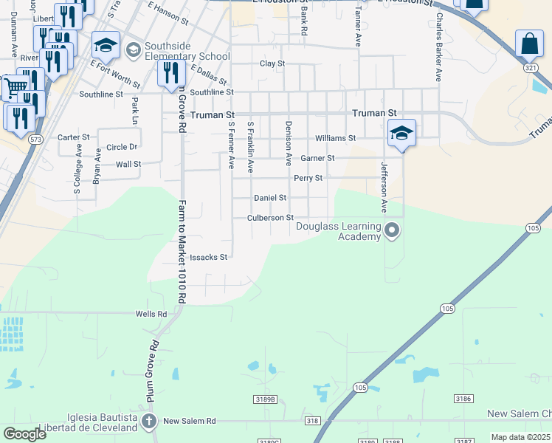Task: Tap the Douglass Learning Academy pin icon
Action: tap(392, 231)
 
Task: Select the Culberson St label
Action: tap(270, 218)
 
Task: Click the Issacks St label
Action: tap(208, 258)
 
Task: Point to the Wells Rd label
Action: tap(151, 314)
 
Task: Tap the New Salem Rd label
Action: tap(189, 421)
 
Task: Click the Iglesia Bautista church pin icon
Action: tap(150, 422)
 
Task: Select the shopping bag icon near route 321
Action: tap(530, 44)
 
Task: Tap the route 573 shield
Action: tap(35, 139)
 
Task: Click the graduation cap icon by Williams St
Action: tap(401, 133)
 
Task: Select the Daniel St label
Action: tap(269, 198)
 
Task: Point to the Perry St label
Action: tap(308, 178)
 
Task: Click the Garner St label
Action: tap(317, 158)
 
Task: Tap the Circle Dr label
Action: tap(122, 147)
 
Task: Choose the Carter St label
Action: tap(73, 137)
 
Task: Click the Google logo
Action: tap(24, 434)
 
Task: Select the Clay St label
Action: tap(272, 63)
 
